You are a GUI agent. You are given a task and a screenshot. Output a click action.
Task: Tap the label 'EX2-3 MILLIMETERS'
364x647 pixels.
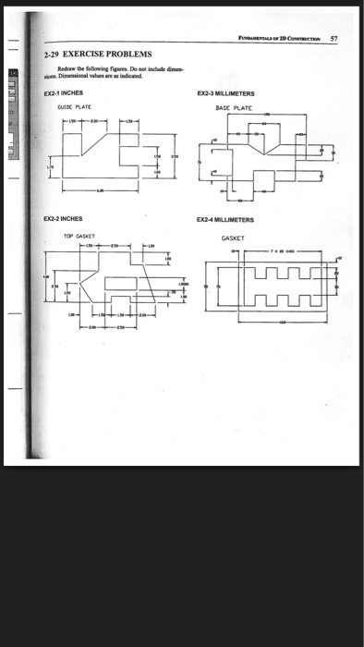pos(227,94)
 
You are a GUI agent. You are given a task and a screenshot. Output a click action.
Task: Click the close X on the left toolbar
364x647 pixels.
pos(13,71)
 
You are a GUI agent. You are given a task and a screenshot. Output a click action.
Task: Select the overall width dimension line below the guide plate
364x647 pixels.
pos(102,191)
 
